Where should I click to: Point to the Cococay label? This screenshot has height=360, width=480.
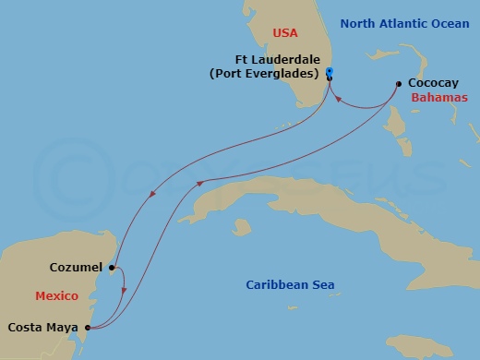point(430,82)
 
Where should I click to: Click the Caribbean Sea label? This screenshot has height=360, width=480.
point(290,285)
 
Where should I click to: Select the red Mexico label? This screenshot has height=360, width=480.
point(55,296)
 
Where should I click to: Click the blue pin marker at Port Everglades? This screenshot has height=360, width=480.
point(330,72)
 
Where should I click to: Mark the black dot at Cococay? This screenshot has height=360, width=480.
point(399,82)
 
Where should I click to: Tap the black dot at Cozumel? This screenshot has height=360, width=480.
point(112,269)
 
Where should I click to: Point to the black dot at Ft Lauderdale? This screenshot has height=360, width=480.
point(329,80)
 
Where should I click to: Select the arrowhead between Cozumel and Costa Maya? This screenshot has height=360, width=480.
point(125,293)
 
